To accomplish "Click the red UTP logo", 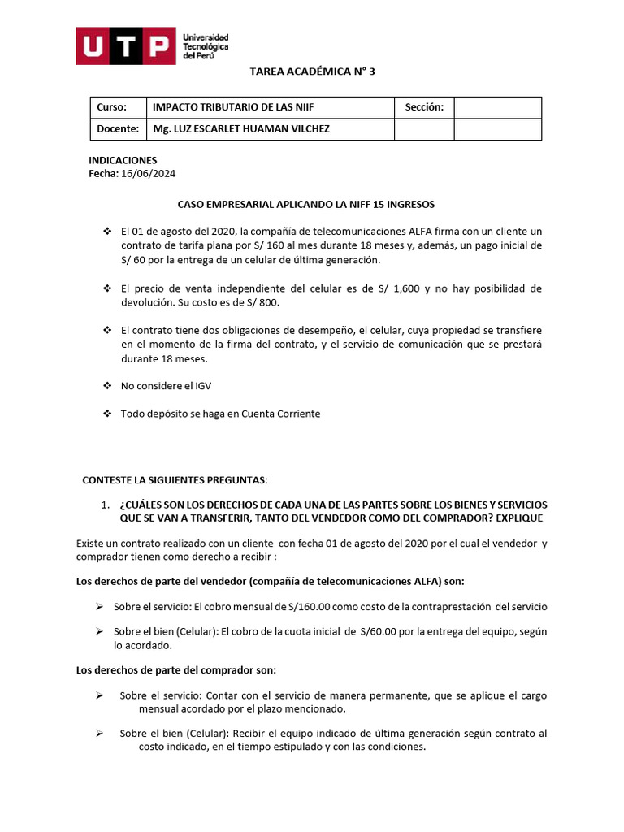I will [x=125, y=46].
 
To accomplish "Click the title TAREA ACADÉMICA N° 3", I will [x=311, y=71].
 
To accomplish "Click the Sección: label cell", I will [x=423, y=107].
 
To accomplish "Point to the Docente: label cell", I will [x=118, y=128].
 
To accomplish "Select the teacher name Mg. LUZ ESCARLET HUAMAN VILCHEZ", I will [x=241, y=128].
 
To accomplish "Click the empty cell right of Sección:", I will [x=497, y=107].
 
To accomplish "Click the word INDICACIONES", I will [x=122, y=160].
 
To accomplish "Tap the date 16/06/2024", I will [x=149, y=174].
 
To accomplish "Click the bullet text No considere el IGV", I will [x=167, y=386].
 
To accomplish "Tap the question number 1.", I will [x=106, y=505].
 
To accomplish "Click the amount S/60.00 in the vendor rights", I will [x=381, y=632].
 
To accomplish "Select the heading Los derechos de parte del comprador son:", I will [x=175, y=670].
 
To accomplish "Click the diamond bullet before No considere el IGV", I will [x=106, y=386].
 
